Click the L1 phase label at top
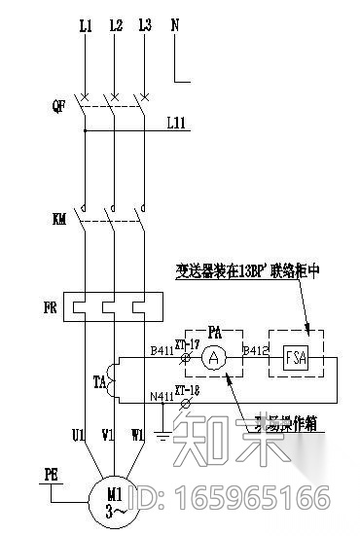point(85,26)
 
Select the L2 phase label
point(115,26)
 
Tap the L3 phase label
point(144,26)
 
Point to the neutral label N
point(175,26)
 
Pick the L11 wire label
point(176,124)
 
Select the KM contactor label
point(58,220)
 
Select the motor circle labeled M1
point(115,504)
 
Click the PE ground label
point(54,476)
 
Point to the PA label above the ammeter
point(214,333)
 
